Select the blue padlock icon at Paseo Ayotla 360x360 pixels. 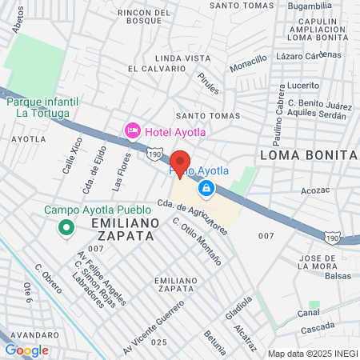(x=206, y=188)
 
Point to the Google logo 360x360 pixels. (x=26, y=350)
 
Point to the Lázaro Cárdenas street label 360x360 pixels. (x=308, y=56)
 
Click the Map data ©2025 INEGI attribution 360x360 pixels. (x=311, y=354)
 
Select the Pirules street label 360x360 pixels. (x=207, y=84)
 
